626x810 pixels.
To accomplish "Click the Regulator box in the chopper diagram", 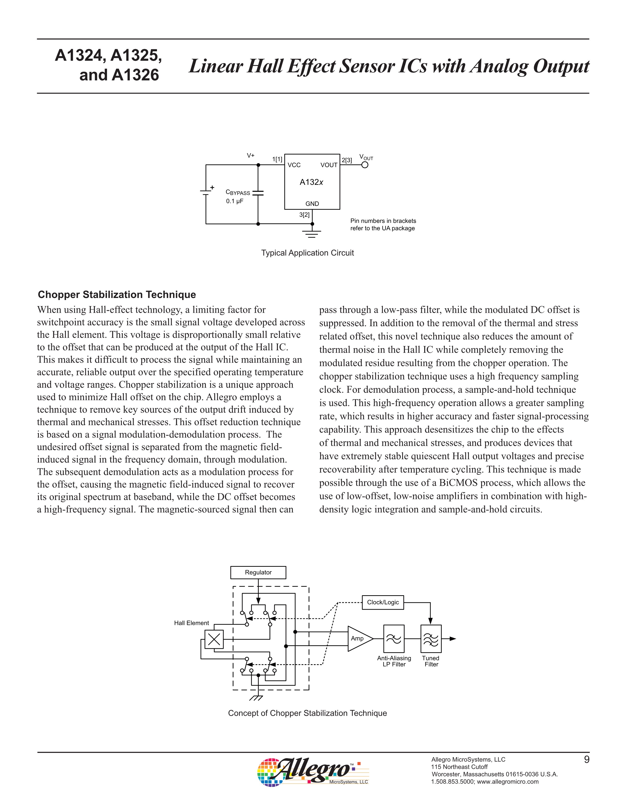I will point(258,572).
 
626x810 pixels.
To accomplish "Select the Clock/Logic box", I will point(383,602).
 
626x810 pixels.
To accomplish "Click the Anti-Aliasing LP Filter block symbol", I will point(394,639).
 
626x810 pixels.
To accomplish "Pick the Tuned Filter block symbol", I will point(431,639).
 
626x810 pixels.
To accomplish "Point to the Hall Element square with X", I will point(214,639).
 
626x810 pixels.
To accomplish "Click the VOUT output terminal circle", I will point(365,165).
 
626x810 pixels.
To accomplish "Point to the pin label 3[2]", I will point(304,215).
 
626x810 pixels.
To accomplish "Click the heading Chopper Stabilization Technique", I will point(117,295).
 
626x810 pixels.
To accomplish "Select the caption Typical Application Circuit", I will point(307,253).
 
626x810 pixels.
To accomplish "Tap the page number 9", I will point(586,760).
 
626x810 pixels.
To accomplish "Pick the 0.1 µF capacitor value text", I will point(235,201).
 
